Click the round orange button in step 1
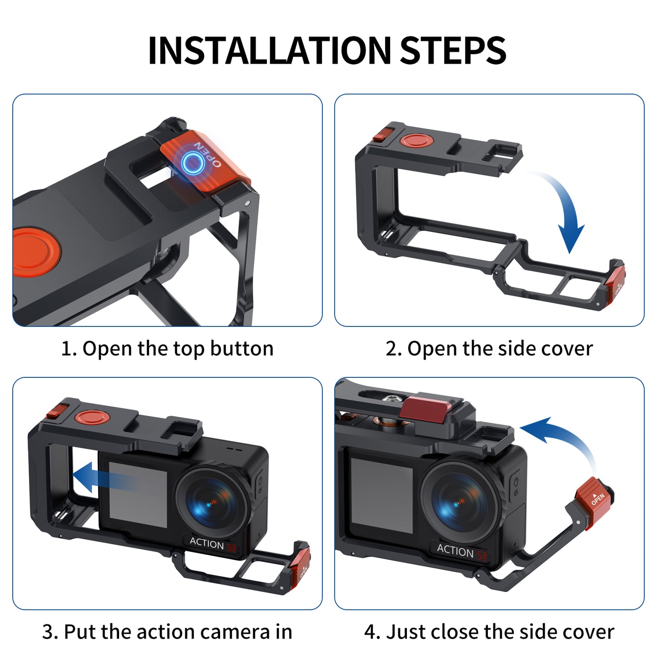coord(34,253)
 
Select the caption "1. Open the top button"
coord(167,349)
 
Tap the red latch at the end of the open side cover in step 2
coord(616,284)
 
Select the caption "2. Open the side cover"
coord(489,349)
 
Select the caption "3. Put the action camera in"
coord(167,632)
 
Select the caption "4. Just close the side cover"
coord(489,632)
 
